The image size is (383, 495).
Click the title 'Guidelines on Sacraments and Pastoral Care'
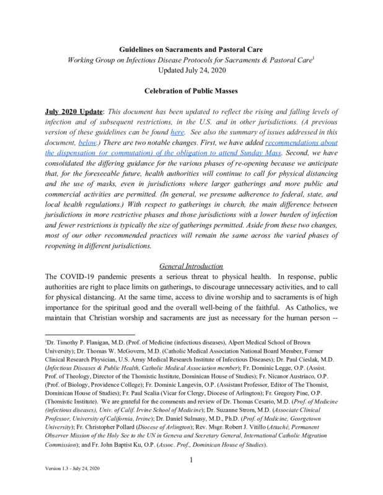191,49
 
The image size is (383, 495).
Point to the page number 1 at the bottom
191,459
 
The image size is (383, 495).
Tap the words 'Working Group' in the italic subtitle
92,59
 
